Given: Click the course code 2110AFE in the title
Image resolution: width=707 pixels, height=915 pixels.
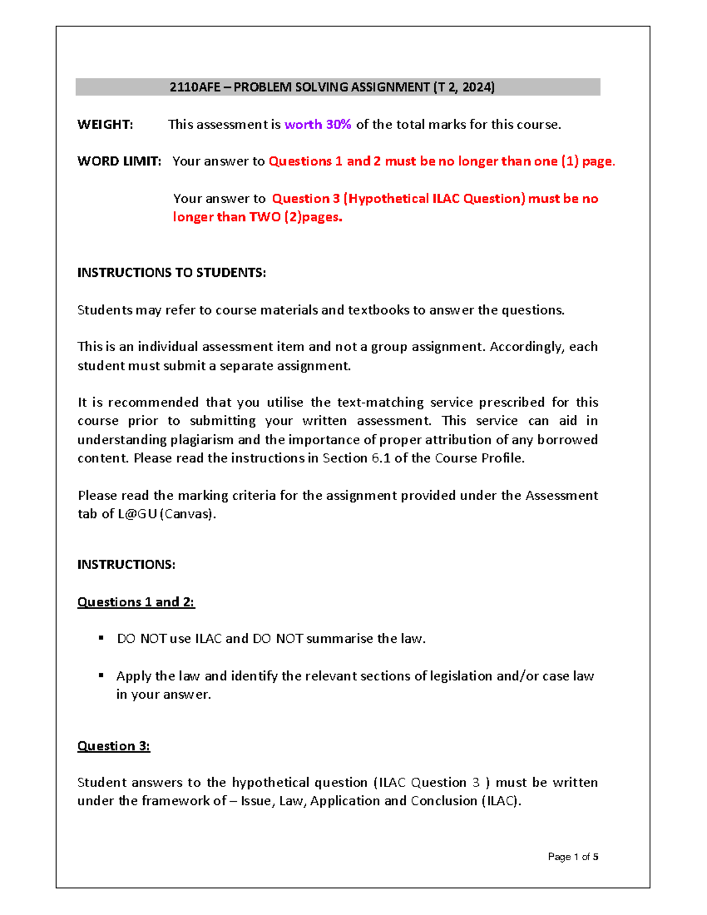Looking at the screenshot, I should pos(195,87).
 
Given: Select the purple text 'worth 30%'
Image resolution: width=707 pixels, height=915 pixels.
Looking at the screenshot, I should pos(318,124).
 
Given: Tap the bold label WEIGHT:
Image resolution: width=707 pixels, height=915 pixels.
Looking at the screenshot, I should pos(105,124).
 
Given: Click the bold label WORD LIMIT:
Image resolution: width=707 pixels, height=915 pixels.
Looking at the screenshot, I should pos(119,161).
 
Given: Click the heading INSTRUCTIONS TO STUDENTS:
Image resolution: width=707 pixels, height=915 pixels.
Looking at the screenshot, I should pos(171,273).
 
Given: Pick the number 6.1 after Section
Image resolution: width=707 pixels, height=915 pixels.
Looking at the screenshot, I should pos(381,458).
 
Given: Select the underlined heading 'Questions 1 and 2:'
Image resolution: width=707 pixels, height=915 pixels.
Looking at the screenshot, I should pos(136,602).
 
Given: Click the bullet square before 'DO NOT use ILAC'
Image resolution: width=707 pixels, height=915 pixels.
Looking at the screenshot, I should pos(101,638).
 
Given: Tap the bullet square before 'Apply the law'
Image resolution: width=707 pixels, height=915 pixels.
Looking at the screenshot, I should pos(101,675).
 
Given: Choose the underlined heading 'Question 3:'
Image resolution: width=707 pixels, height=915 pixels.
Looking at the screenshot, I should pos(114,746).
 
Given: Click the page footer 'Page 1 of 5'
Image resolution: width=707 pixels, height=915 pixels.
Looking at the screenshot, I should pos(573,857).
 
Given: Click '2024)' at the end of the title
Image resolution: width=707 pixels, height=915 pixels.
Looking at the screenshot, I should pos(478,87).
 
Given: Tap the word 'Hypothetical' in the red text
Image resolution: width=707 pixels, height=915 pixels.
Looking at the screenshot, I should pos(389,199).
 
